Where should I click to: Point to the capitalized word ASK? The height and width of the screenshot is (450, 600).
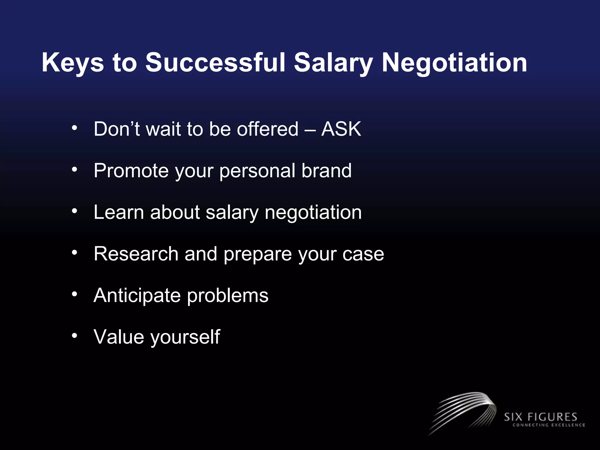click(341, 129)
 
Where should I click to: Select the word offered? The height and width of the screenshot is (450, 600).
click(267, 129)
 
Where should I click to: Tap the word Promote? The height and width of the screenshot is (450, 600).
click(131, 171)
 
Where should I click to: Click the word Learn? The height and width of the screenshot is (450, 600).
click(119, 212)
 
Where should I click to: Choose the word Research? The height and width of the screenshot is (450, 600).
click(136, 254)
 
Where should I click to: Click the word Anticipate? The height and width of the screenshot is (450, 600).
click(137, 295)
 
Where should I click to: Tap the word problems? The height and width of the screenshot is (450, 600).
click(228, 295)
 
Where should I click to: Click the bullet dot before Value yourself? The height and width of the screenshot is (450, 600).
click(75, 335)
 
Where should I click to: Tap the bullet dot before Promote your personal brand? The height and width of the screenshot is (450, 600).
click(75, 169)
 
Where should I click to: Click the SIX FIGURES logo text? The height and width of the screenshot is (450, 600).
click(540, 417)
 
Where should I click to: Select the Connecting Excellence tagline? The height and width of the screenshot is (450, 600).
click(548, 425)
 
